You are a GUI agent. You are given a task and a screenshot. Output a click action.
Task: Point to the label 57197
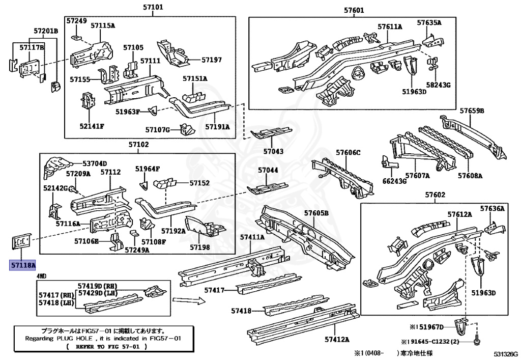[212, 60]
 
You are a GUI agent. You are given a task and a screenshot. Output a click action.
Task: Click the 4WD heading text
[42, 275]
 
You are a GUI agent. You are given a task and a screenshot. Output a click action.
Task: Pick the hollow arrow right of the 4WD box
[188, 301]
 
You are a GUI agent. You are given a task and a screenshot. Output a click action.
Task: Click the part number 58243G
[439, 85]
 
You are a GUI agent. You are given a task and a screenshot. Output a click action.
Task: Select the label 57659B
[472, 110]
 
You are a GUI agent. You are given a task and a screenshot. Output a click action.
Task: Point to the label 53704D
[95, 163]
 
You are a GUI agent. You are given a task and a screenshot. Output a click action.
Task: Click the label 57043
[273, 152]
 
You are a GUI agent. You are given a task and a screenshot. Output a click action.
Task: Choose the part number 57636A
[492, 208]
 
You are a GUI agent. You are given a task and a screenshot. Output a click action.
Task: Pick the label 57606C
[348, 152]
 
